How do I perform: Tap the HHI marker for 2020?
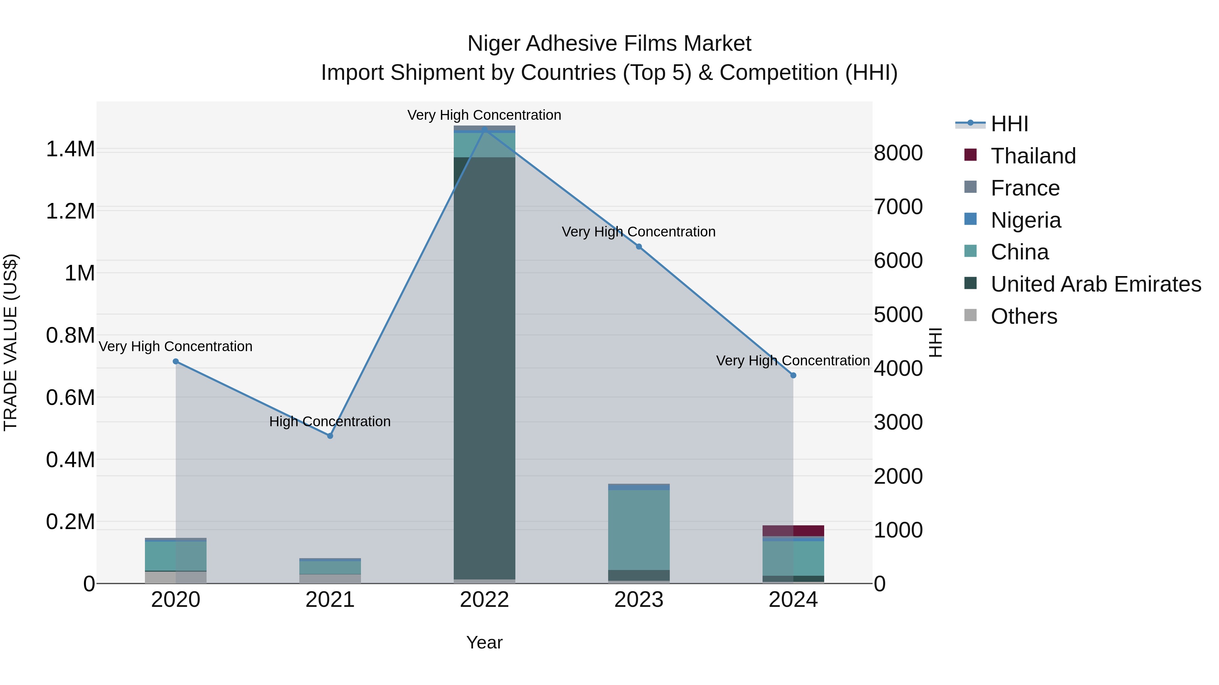pyautogui.click(x=175, y=361)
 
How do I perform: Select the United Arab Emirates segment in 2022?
pyautogui.click(x=484, y=369)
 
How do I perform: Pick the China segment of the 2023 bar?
pyautogui.click(x=638, y=529)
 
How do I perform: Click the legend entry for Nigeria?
pyautogui.click(x=1025, y=220)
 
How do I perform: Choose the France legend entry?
pyautogui.click(x=1025, y=188)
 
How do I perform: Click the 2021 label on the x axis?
pyautogui.click(x=330, y=599)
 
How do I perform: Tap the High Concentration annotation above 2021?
pyautogui.click(x=330, y=421)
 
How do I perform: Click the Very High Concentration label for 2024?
pyautogui.click(x=793, y=360)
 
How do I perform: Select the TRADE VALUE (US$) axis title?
pyautogui.click(x=10, y=342)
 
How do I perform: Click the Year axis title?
pyautogui.click(x=484, y=642)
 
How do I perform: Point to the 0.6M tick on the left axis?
pyautogui.click(x=70, y=397)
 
